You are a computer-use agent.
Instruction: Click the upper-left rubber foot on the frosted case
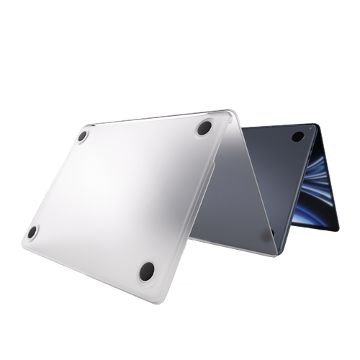(84, 135)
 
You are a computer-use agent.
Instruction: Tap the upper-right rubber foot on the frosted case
(203, 128)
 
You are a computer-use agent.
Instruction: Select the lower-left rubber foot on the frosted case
(32, 231)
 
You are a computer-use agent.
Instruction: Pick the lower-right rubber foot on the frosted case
(147, 271)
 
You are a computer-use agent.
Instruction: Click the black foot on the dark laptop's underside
(297, 137)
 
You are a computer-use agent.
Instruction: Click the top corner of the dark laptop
(317, 124)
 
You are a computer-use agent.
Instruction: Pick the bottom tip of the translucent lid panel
(276, 248)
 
